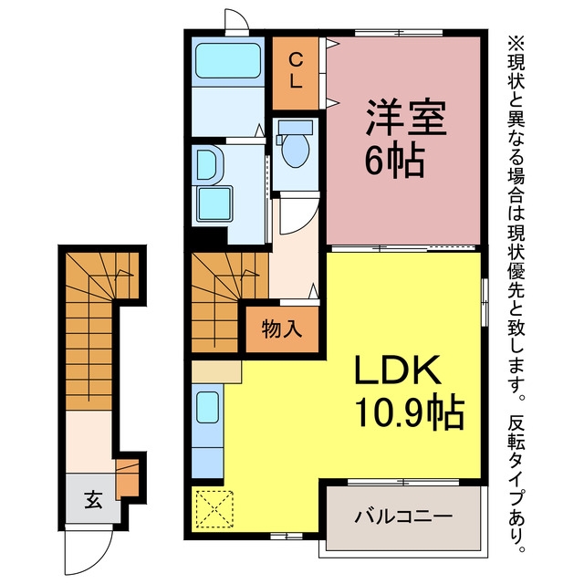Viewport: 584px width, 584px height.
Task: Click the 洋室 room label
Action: point(406,118)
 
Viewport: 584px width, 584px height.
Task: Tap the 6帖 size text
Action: point(395,161)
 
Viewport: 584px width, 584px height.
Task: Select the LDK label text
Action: point(398,370)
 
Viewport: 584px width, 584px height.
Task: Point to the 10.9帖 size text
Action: point(410,413)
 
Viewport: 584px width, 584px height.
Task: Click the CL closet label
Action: point(296,70)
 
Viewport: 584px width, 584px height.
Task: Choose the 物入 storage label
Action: point(282,328)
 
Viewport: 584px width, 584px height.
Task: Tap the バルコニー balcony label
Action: point(403,516)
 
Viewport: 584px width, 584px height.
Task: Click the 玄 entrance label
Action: point(93,500)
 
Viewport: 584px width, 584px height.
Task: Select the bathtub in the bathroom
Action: point(228,61)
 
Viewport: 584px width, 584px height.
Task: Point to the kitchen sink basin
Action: point(208,407)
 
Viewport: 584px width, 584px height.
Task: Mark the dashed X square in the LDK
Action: point(214,509)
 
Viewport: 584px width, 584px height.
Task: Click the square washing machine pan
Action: point(214,204)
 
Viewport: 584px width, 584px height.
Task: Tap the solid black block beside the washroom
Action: point(209,235)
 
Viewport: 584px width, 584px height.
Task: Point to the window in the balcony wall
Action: point(403,482)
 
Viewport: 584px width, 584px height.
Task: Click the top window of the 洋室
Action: point(399,33)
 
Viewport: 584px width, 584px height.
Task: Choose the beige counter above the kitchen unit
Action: point(216,371)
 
